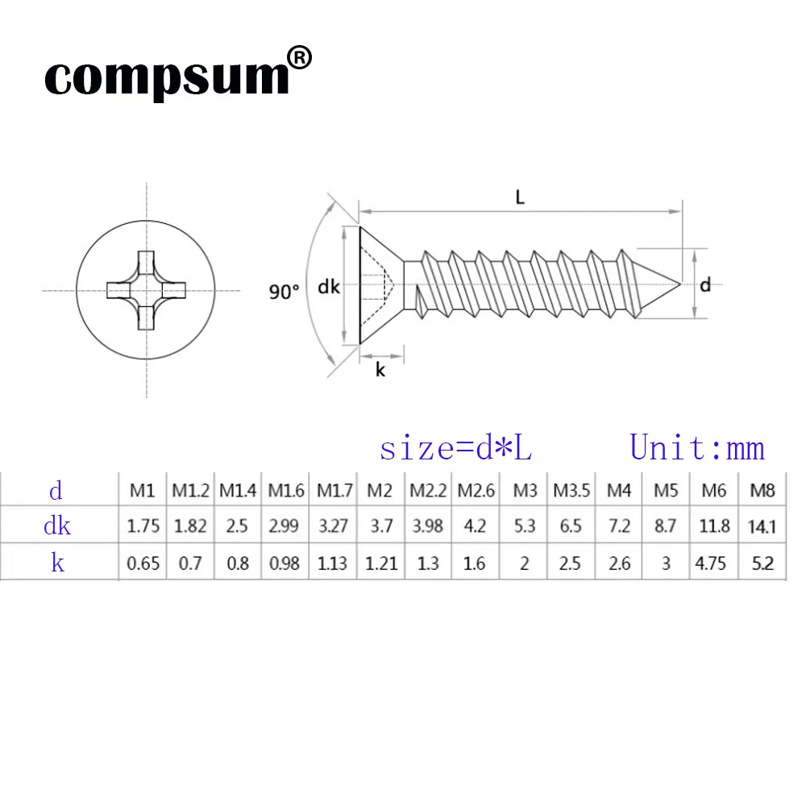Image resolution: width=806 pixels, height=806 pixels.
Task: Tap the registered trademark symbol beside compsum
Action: coord(299,58)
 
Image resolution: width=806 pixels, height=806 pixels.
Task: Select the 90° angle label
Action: coord(284,292)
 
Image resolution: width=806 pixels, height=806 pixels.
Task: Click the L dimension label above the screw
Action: coord(521,197)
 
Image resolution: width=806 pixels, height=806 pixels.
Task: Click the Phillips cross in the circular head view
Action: coord(146,290)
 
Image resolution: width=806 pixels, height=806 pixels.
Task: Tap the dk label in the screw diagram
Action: coord(329,286)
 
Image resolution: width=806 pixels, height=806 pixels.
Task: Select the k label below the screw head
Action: coord(380,370)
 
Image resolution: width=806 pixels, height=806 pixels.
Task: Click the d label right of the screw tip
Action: coord(705,285)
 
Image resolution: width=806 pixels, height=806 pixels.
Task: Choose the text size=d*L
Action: coord(455,448)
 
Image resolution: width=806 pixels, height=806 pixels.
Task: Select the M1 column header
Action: coord(143,489)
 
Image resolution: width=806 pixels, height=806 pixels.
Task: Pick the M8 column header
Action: coord(762,489)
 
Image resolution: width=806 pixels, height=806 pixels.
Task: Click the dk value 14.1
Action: coord(762,526)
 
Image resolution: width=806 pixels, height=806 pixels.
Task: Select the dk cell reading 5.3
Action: coord(524,526)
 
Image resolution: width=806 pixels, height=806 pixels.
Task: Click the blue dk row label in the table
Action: coord(56,526)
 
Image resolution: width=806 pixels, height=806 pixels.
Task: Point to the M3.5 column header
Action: coord(571,489)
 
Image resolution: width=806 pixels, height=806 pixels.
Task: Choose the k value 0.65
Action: coord(143,563)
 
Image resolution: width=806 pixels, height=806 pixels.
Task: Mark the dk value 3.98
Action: coord(427,526)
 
